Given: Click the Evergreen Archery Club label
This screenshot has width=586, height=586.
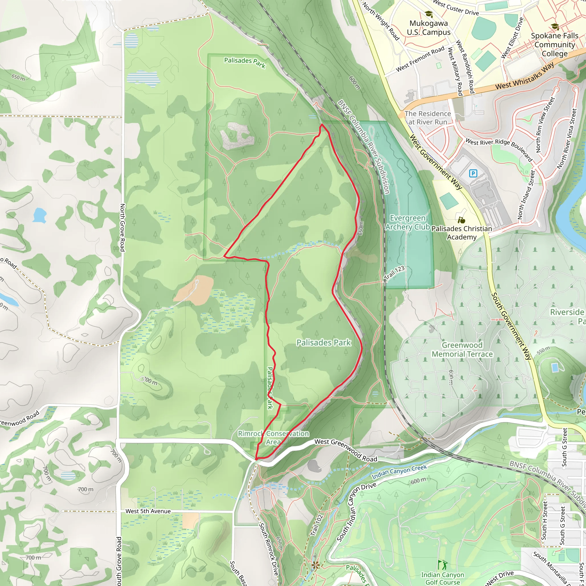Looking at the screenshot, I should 407,222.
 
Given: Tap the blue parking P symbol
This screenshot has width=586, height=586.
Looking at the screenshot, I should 473,173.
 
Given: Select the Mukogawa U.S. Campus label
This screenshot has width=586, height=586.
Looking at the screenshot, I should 429,27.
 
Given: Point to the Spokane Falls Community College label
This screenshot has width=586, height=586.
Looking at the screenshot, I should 555,45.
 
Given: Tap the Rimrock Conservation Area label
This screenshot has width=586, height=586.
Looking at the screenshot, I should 273,438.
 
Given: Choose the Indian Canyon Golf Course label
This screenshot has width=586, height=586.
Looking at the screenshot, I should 443,578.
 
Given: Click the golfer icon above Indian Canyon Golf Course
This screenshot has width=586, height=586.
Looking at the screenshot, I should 443,565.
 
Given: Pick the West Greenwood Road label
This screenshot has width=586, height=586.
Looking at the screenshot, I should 346,450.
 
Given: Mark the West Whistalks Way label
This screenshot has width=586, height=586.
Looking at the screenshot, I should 525,76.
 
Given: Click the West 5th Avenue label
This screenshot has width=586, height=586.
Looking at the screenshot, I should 148,511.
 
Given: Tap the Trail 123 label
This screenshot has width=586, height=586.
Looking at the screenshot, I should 394,272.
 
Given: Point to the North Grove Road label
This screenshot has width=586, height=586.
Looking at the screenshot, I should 122,227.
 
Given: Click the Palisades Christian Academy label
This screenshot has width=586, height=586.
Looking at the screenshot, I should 462,233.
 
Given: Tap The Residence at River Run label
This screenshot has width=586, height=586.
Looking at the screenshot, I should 428,118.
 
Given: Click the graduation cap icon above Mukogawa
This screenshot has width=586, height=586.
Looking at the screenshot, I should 428,14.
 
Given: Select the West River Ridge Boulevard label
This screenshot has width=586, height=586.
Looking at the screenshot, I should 499,150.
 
